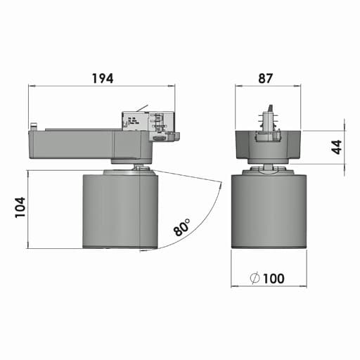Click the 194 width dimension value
tap(102, 78)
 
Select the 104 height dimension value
tap(20, 209)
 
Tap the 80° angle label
tap(181, 228)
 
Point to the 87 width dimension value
tap(265, 78)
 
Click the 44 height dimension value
tap(335, 147)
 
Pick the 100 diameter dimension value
tap(274, 278)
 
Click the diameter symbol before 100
tap(254, 278)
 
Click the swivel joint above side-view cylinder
tap(139, 167)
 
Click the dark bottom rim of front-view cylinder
tap(269, 246)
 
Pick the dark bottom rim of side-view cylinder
tap(119, 246)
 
